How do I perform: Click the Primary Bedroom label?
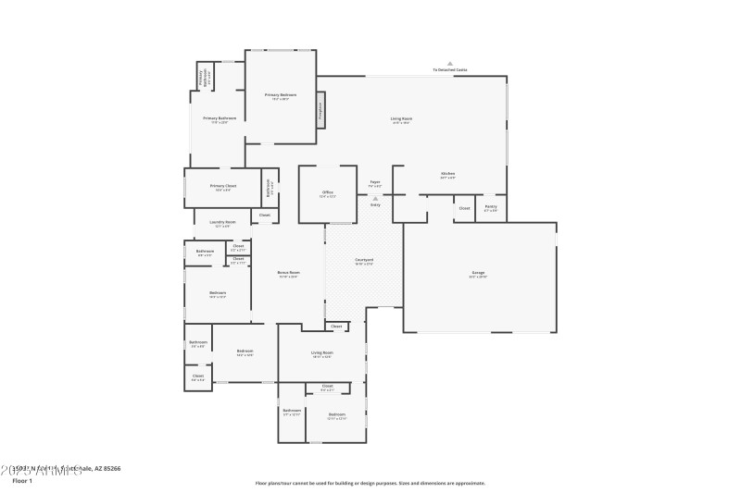click(x=281, y=95)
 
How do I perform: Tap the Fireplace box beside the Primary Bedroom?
click(x=321, y=108)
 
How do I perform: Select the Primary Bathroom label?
click(x=220, y=119)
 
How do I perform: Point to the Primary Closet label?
click(x=222, y=187)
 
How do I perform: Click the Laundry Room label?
click(x=223, y=223)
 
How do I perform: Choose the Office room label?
click(x=327, y=193)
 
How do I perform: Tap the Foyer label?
click(x=375, y=183)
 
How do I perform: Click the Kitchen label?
click(x=447, y=174)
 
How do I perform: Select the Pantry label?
click(x=491, y=209)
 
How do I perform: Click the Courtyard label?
click(x=363, y=262)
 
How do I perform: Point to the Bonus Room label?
click(x=288, y=273)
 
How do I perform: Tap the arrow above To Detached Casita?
click(x=450, y=63)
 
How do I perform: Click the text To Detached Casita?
click(x=450, y=70)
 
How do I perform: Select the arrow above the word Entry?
click(x=375, y=198)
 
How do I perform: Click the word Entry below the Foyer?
click(x=375, y=204)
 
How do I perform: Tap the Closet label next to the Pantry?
click(x=464, y=208)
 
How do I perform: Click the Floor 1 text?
click(x=22, y=481)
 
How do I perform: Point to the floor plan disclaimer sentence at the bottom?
click(x=370, y=483)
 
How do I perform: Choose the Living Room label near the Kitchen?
click(x=401, y=119)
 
